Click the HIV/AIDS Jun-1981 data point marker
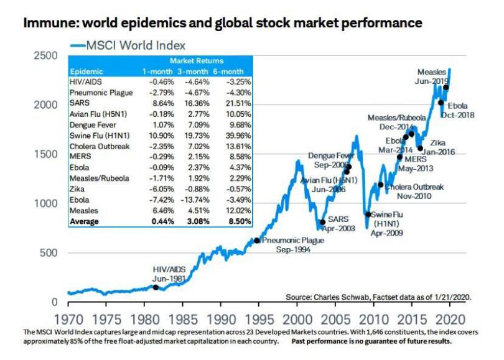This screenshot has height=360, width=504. [156, 287]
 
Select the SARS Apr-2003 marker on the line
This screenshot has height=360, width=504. [322, 222]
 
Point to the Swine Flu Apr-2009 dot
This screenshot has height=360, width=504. [368, 215]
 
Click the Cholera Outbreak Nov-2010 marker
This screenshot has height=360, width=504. [380, 185]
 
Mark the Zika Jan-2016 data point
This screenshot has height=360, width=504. [420, 148]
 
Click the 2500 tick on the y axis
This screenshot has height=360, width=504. [47, 56]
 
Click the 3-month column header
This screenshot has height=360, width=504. [194, 72]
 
